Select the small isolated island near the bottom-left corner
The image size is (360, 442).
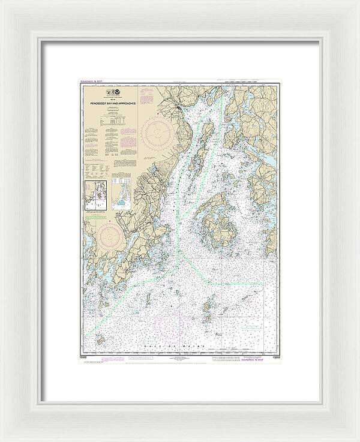[100, 340]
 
